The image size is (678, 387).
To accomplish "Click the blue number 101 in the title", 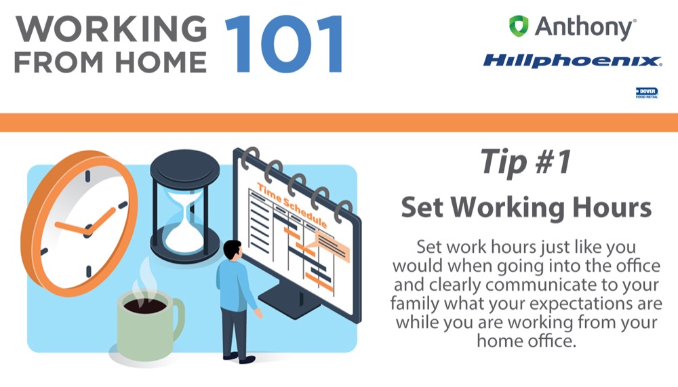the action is (x=284, y=43).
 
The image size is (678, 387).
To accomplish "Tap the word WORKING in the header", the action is (x=111, y=29).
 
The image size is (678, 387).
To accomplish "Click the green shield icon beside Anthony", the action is (x=519, y=26).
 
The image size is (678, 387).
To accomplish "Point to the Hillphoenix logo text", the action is (x=572, y=60).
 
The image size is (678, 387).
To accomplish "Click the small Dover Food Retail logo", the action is (x=647, y=93).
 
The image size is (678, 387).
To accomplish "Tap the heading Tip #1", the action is (x=526, y=162).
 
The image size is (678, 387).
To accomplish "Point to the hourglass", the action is (x=184, y=206).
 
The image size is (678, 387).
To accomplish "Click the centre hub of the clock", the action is (x=88, y=230).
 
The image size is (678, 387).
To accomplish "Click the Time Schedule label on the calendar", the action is (x=292, y=205).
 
